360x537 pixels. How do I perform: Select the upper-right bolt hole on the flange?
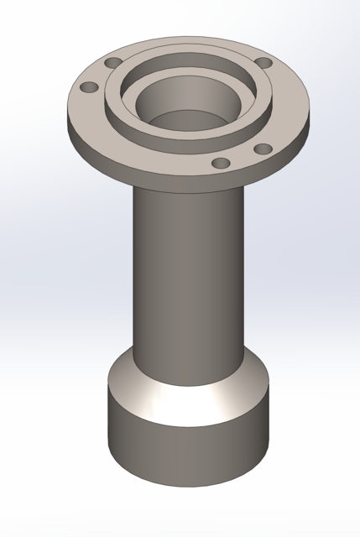pos(263,64)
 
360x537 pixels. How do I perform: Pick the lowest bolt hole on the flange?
pos(222,164)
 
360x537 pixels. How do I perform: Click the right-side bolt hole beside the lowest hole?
pos(263,149)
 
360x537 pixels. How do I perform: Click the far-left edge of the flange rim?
pos(68,117)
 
